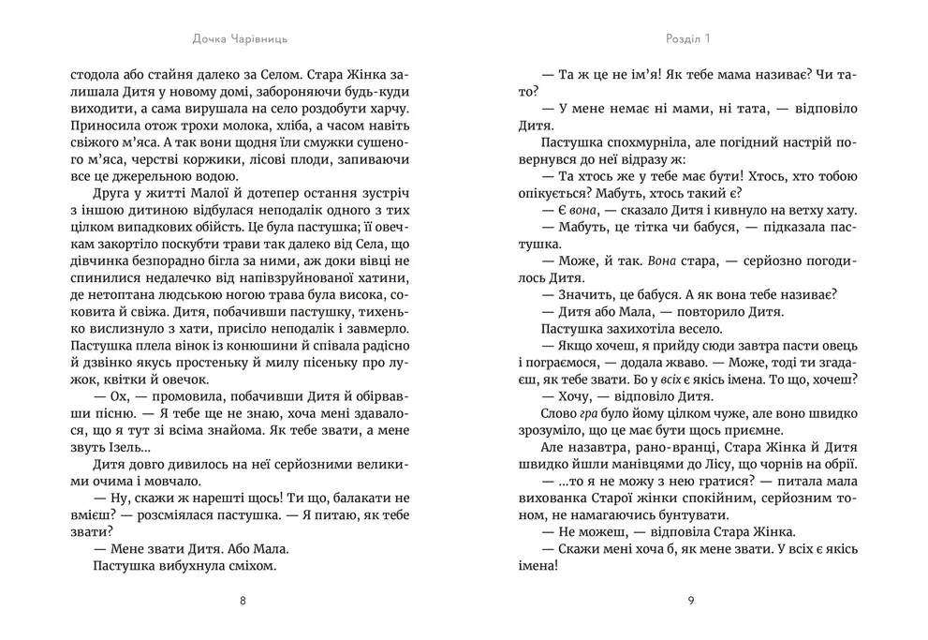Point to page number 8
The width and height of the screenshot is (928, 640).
pyautogui.click(x=244, y=602)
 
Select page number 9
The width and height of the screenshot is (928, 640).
pyautogui.click(x=689, y=602)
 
